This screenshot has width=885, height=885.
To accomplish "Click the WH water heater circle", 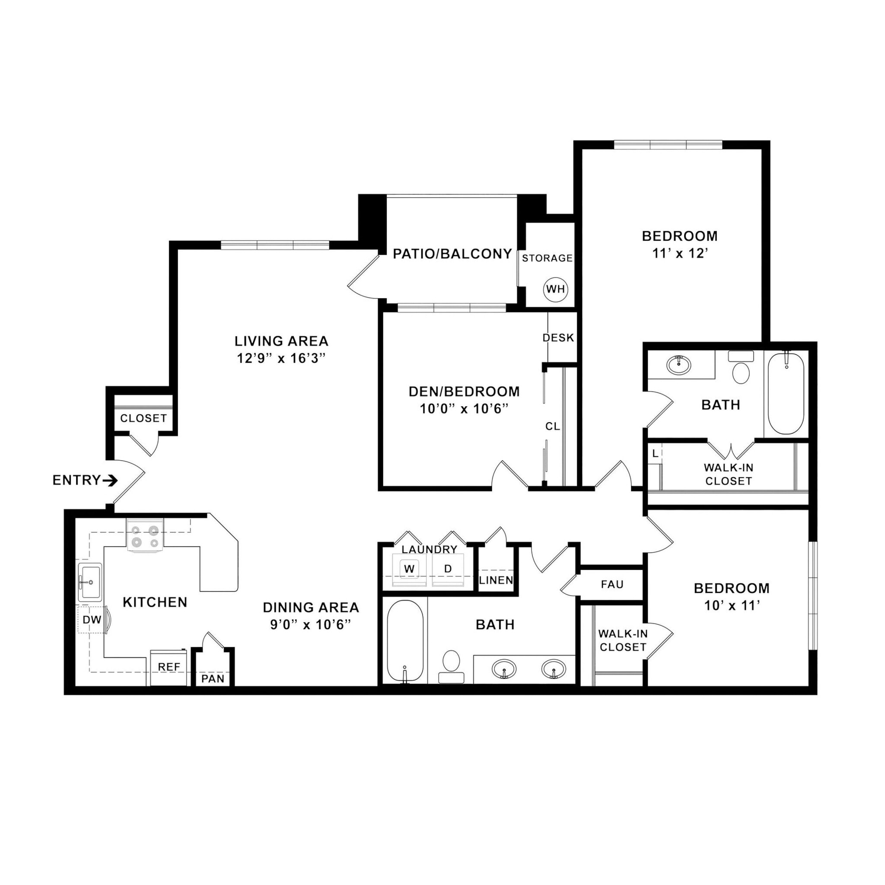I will tap(555, 289).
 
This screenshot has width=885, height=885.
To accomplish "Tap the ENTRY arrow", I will tap(110, 481).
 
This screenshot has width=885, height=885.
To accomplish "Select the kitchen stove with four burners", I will tap(145, 536).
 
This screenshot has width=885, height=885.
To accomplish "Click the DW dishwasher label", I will tap(92, 620).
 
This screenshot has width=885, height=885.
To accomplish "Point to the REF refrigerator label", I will tap(169, 667).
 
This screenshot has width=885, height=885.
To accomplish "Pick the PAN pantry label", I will tap(213, 678).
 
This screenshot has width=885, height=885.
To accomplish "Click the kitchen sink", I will tap(90, 582).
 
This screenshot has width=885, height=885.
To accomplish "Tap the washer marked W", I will tap(409, 569).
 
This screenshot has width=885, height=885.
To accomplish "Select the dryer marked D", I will tap(448, 569).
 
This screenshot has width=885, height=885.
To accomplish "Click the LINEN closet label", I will tap(496, 580).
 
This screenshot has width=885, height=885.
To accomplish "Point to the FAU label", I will tap(612, 585).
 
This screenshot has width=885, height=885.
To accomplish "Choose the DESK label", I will tap(558, 338).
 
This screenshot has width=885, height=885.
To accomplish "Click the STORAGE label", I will tap(548, 258).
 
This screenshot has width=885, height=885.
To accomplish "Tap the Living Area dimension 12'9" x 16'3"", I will tap(281, 358).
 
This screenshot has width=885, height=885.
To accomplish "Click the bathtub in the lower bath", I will tap(405, 641).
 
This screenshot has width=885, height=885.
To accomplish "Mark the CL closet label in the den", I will tap(552, 427).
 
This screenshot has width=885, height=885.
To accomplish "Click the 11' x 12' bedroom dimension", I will tap(680, 253).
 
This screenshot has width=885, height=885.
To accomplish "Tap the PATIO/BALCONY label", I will tap(452, 254).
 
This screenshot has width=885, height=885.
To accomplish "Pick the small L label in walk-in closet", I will tap(655, 453).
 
